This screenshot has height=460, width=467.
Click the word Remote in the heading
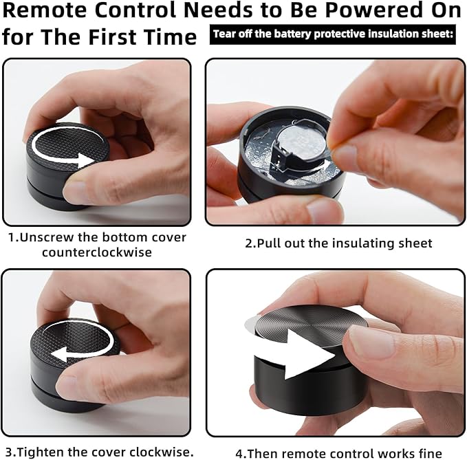[45, 10]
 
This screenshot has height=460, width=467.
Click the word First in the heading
[113, 37]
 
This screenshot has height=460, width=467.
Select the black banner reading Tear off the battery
[333, 34]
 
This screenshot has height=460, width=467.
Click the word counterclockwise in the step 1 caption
[97, 252]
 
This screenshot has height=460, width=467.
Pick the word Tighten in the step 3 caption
[39, 452]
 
